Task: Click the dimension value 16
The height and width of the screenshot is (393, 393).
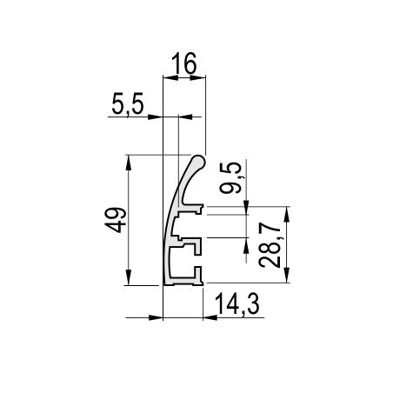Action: (x=183, y=63)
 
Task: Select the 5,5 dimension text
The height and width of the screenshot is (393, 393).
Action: (x=128, y=104)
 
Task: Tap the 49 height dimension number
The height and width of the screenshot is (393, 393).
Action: (x=116, y=220)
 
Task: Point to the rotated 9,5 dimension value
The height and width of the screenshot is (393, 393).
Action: (x=230, y=177)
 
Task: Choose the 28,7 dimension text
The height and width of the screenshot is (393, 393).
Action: (x=270, y=245)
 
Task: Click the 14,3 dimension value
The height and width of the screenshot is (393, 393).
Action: (x=237, y=303)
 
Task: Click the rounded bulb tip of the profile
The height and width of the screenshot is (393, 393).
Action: (x=198, y=162)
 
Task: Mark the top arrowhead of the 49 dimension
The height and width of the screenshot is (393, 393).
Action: (x=129, y=163)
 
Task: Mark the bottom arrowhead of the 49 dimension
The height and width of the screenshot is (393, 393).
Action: (x=129, y=277)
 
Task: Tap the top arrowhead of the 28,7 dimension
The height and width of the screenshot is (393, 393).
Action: (x=286, y=215)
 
